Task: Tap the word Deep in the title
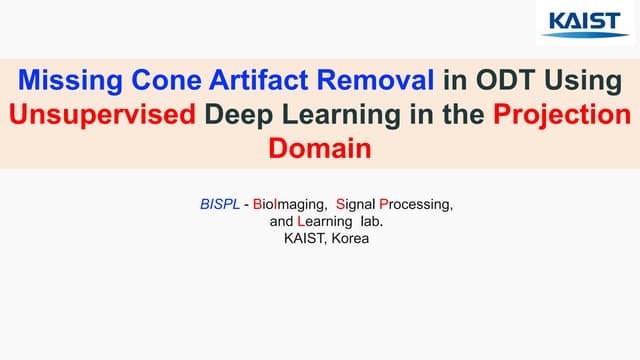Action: tap(241, 115)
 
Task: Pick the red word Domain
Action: tap(320, 148)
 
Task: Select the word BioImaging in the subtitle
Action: tap(290, 204)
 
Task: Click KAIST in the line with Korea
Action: tap(300, 240)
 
